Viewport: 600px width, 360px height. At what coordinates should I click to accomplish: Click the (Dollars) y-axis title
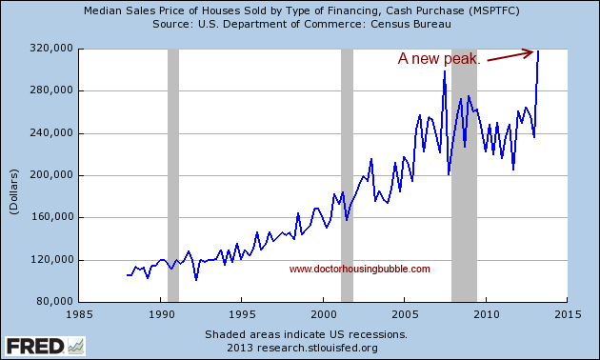click(x=14, y=175)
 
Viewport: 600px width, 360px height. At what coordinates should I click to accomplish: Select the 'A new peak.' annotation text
click(x=440, y=59)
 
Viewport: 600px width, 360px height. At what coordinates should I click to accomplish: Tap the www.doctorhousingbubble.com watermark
click(x=359, y=269)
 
